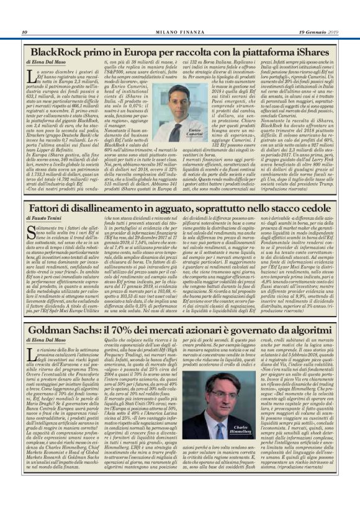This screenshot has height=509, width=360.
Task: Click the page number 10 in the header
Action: pyautogui.click(x=24, y=32)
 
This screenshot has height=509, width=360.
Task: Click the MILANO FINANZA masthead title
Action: pyautogui.click(x=181, y=32)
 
